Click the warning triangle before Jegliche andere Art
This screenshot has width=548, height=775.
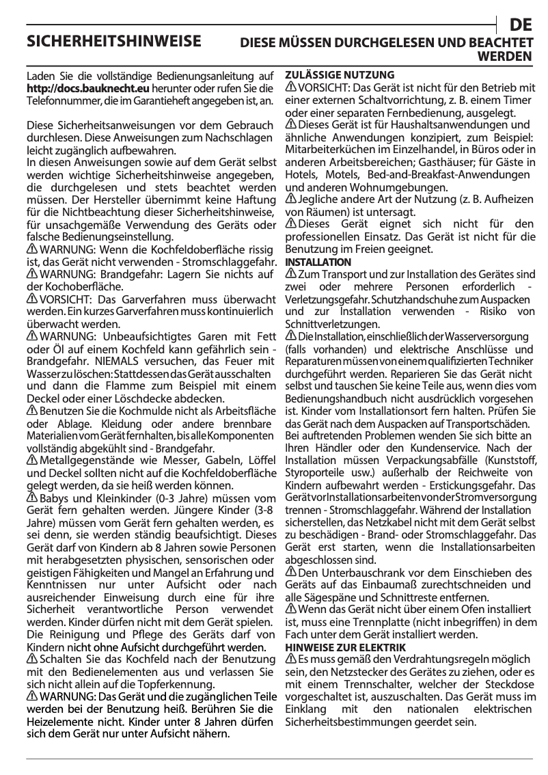(290, 199)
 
